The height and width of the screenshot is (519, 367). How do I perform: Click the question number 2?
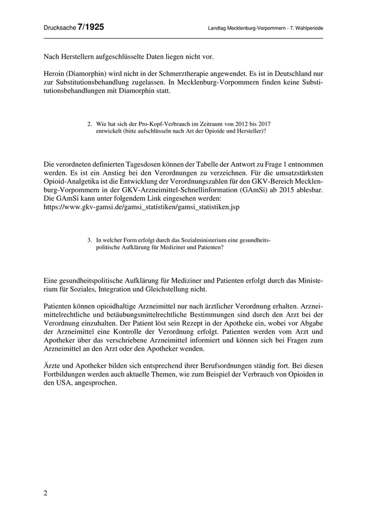coord(90,124)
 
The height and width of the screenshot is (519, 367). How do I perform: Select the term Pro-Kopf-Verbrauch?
coord(150,124)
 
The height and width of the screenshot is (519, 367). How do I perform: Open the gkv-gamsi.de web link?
coord(142,207)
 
